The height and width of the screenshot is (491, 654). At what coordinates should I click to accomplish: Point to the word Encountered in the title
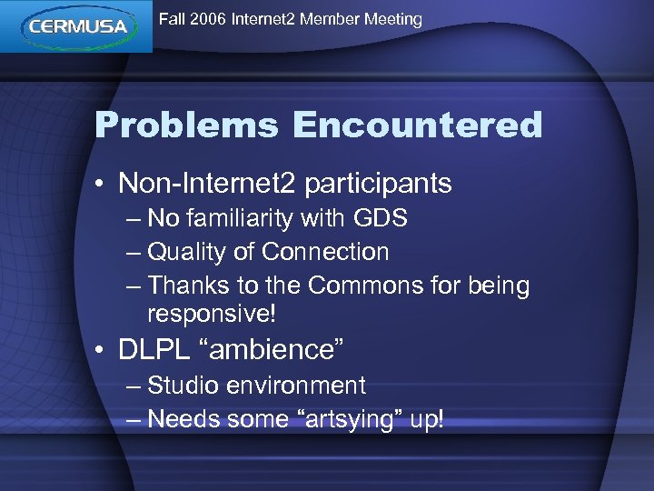pyautogui.click(x=417, y=125)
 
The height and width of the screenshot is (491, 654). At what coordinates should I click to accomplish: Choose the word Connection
pyautogui.click(x=325, y=252)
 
